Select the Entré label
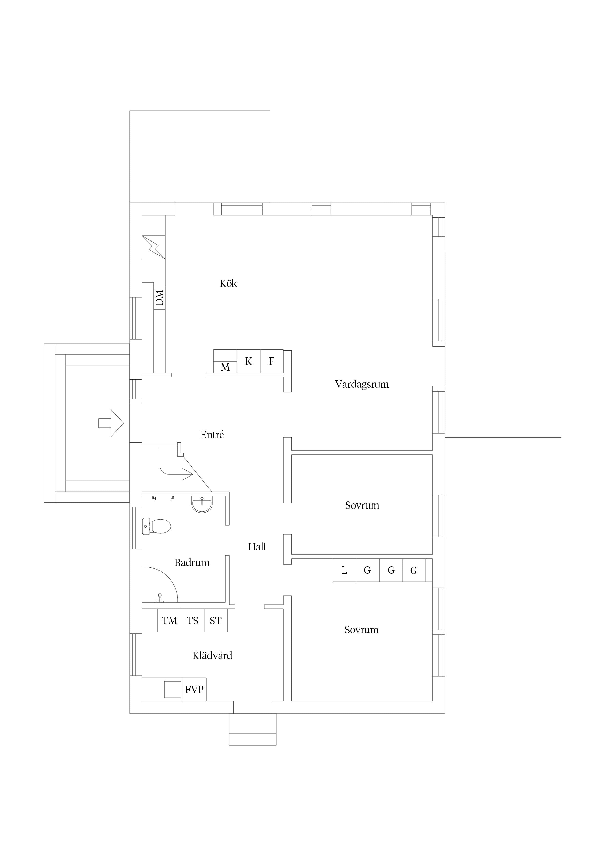(212, 435)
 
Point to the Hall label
(257, 547)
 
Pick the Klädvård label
(212, 655)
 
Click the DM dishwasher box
(160, 297)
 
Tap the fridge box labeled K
(249, 361)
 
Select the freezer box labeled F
(272, 361)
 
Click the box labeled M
(225, 367)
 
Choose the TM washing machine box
(169, 621)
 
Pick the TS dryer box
(193, 621)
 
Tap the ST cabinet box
(216, 621)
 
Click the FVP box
(195, 690)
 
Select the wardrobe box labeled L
(344, 571)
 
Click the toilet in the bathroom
(157, 526)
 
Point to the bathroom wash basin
(202, 504)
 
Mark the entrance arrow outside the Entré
(111, 423)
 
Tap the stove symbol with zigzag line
(154, 247)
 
